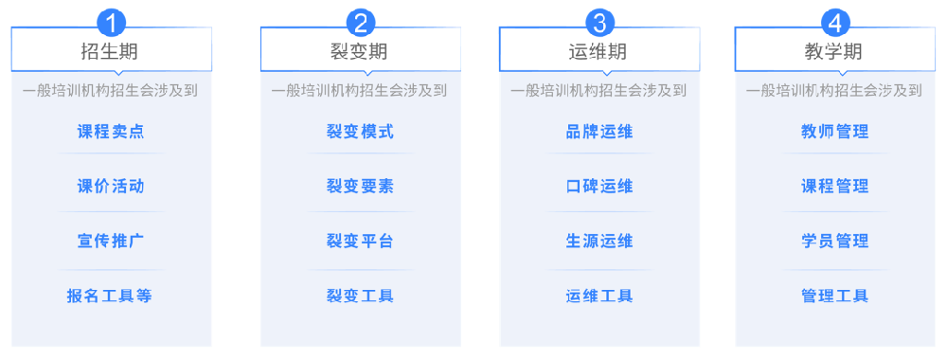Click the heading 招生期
tap(111, 51)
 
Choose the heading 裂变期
tap(360, 51)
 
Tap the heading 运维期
tap(599, 51)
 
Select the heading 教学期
tap(834, 51)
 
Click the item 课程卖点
tap(111, 132)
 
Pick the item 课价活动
tap(111, 186)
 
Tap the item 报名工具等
tap(110, 296)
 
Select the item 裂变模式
tap(360, 132)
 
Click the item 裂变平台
tap(360, 241)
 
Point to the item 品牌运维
tap(599, 132)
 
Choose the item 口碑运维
tap(599, 186)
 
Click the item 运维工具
tap(599, 296)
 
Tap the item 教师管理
tap(834, 132)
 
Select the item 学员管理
tap(834, 241)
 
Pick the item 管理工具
tap(834, 296)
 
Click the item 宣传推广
tap(111, 241)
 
